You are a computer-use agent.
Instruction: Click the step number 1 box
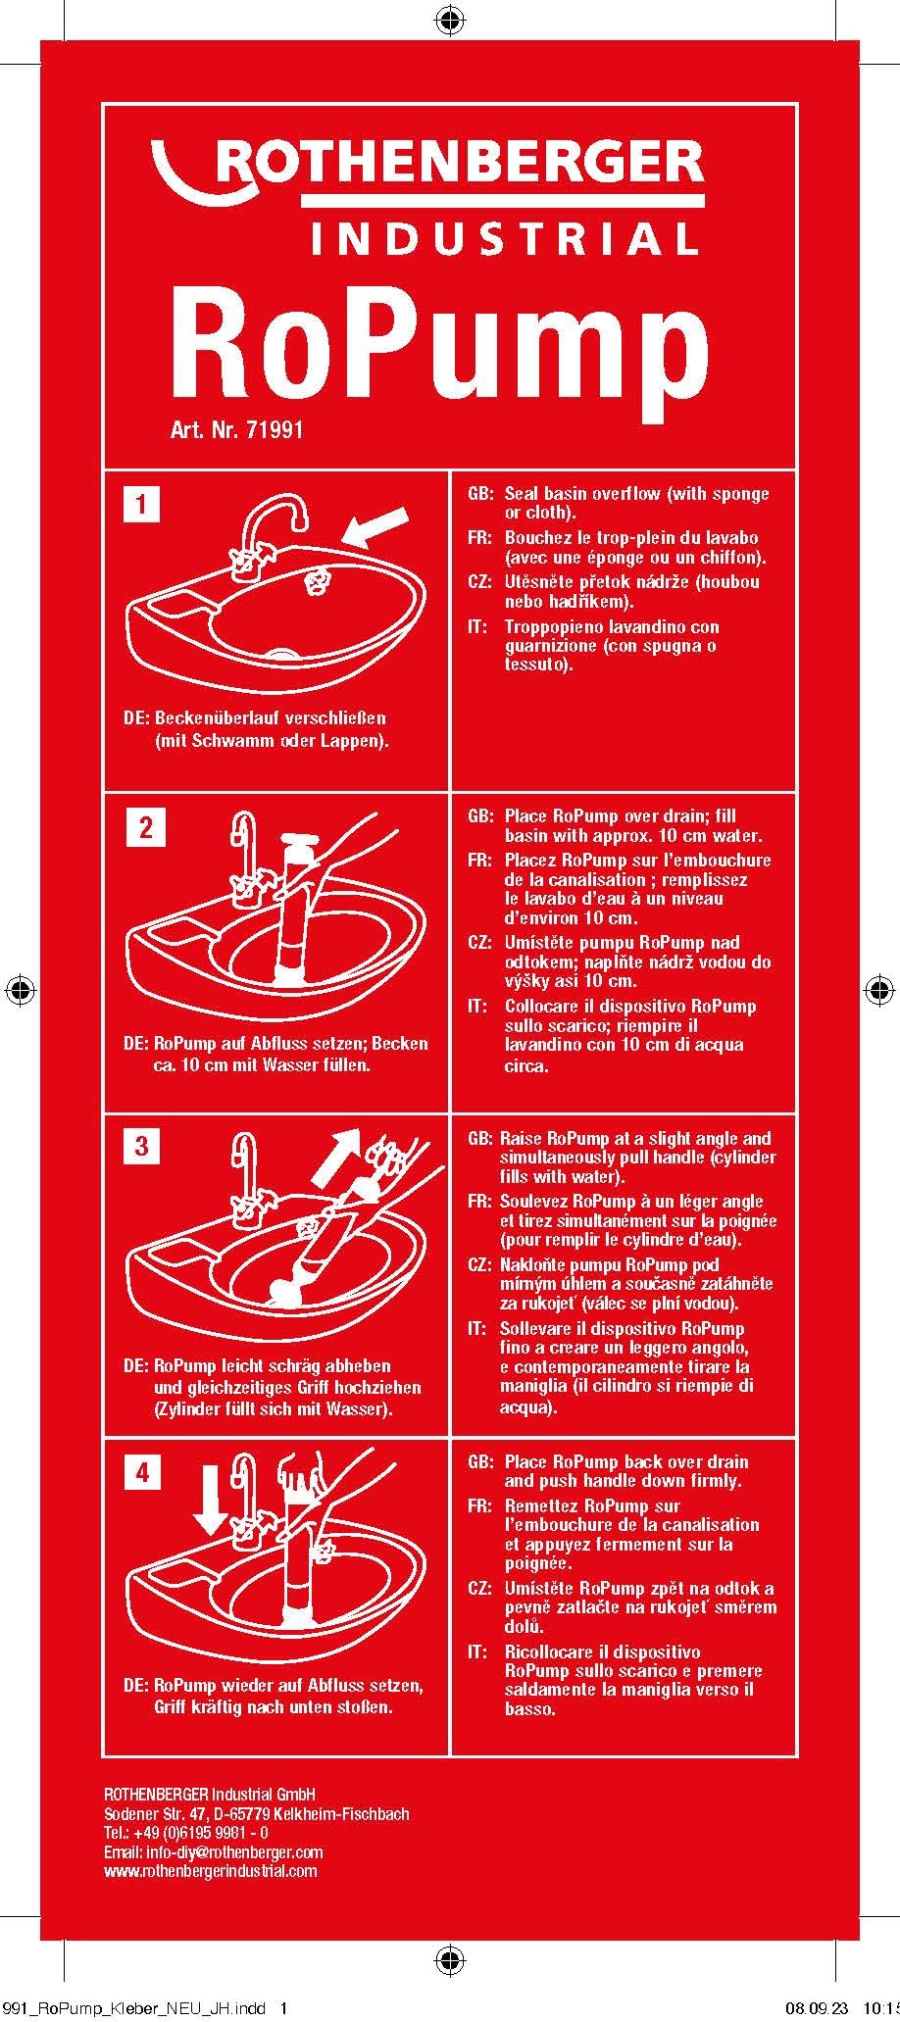142,505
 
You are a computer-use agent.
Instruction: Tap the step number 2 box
146,827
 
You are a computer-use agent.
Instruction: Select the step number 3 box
142,1145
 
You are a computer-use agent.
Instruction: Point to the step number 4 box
143,1472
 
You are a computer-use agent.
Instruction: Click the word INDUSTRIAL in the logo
504,238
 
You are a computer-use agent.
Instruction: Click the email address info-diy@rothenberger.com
213,1852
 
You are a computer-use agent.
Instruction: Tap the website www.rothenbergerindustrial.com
210,1871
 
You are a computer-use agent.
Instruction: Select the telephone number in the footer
186,1834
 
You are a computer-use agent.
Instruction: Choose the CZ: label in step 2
480,943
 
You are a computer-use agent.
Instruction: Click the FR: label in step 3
479,1202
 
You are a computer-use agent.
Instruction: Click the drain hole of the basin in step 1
283,652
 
